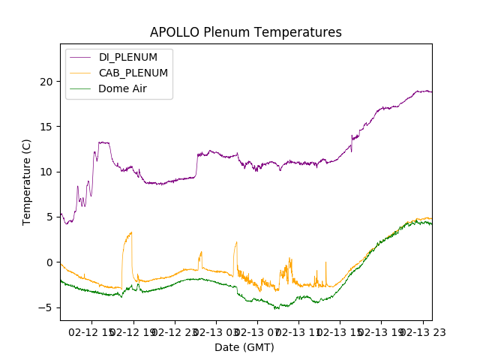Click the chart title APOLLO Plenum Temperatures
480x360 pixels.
tap(245, 32)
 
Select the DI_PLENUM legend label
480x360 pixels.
tap(128, 57)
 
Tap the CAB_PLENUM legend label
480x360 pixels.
tap(133, 73)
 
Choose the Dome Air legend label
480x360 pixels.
tap(122, 88)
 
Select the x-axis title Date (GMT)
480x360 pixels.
tap(244, 347)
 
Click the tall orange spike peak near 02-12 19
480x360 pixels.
tap(131, 232)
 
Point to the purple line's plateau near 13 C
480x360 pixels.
tap(103, 142)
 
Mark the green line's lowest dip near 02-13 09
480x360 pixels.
tap(277, 308)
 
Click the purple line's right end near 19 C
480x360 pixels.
tap(430, 91)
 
